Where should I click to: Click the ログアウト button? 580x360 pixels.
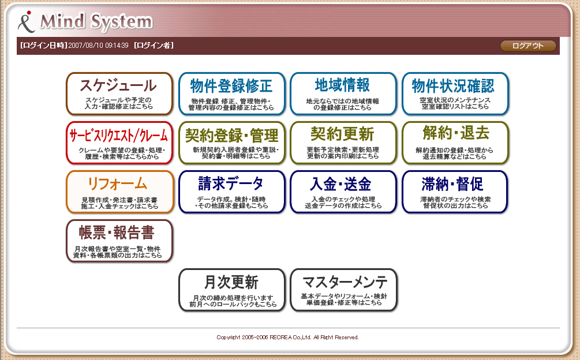click(x=528, y=46)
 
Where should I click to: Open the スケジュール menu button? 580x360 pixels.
click(x=119, y=94)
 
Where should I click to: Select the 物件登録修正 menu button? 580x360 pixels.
click(x=232, y=94)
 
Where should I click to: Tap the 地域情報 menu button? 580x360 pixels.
click(x=343, y=94)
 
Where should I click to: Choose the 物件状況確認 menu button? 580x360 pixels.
click(x=455, y=94)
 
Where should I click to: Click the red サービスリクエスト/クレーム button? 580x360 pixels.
click(x=119, y=142)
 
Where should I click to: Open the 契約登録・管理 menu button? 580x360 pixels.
click(x=232, y=142)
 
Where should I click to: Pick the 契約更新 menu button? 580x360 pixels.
click(x=343, y=142)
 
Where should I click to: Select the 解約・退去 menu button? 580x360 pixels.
click(x=455, y=142)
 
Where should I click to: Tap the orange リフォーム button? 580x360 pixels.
click(x=119, y=192)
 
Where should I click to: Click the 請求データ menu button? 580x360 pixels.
click(x=232, y=192)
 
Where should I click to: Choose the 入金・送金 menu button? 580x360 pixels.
click(x=343, y=192)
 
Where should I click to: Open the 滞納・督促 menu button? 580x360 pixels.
click(x=455, y=192)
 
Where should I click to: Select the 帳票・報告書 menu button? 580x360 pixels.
click(x=119, y=241)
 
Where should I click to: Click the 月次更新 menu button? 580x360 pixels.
click(x=232, y=290)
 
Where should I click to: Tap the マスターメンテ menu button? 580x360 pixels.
click(x=343, y=290)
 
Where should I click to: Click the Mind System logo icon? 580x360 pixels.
click(x=26, y=22)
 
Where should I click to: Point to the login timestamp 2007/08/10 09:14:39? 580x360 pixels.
click(x=98, y=46)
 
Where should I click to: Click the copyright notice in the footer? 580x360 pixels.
click(x=287, y=337)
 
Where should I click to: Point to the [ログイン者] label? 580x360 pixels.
click(x=154, y=46)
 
